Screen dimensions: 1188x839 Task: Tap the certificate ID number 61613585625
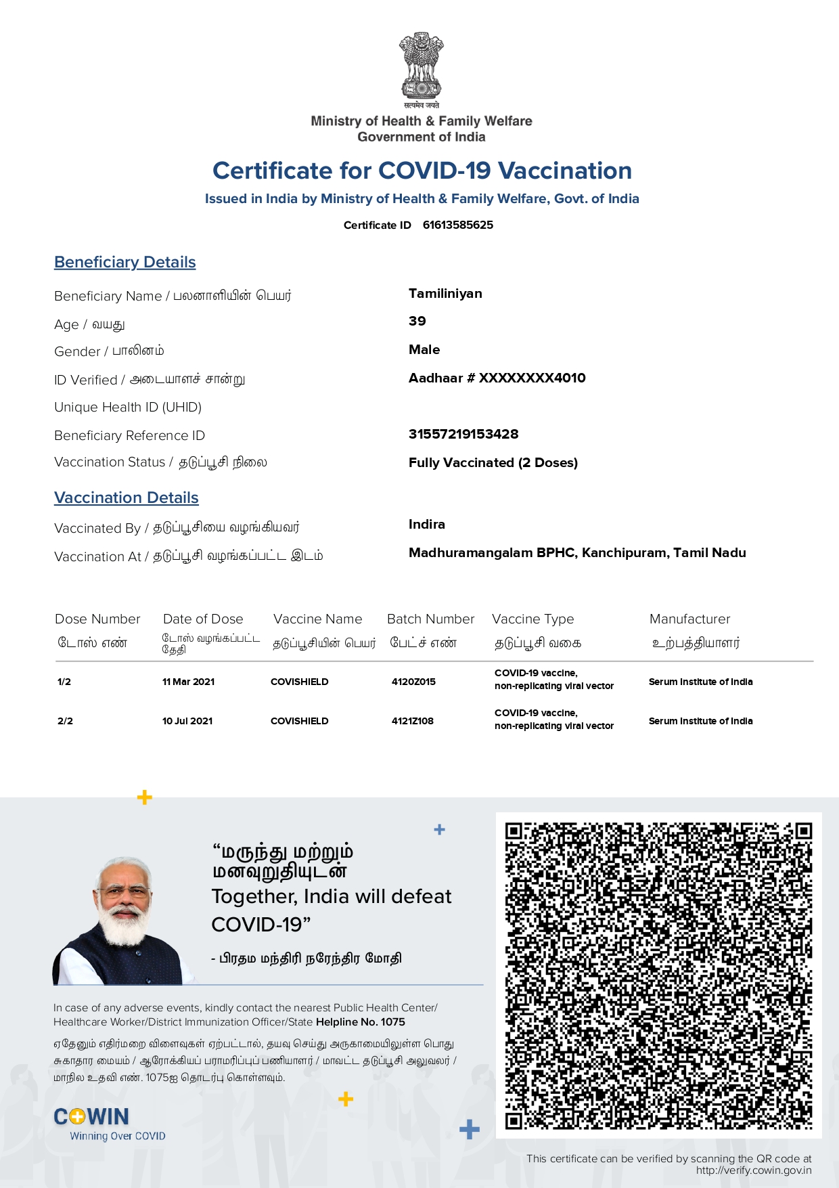point(457,225)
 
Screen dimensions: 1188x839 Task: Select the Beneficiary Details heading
point(125,263)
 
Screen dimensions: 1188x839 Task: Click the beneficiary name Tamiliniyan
point(445,294)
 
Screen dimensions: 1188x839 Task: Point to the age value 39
point(417,322)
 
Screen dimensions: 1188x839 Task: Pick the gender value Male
point(424,350)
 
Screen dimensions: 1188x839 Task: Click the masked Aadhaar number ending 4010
point(497,378)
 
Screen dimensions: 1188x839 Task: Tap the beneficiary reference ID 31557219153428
point(463,435)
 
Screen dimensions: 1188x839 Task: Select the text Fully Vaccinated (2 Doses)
point(493,463)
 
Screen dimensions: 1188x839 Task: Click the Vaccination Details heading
point(127,498)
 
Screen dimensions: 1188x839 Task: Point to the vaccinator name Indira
point(427,525)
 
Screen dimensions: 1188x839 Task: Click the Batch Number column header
point(430,619)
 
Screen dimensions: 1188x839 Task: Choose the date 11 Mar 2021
point(188,682)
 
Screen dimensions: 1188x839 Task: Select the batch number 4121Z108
point(412,721)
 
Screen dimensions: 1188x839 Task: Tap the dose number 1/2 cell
point(64,682)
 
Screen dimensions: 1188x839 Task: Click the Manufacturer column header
point(689,619)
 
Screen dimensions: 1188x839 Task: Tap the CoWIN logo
point(92,1117)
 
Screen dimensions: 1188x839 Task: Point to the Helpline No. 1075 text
point(361,1022)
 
